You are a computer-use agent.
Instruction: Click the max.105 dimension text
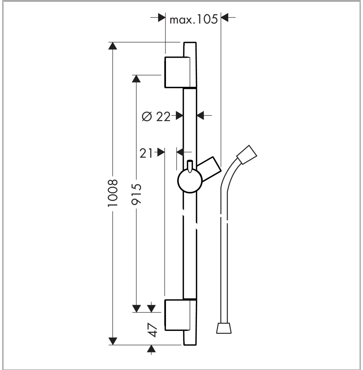(194, 19)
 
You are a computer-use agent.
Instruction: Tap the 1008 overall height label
(113, 193)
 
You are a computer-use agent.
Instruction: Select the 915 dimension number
(136, 194)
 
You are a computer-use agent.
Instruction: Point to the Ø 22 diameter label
(156, 116)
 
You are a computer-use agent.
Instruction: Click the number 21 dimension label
(146, 153)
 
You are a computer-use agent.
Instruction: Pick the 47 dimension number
(153, 330)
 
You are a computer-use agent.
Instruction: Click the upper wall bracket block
(177, 72)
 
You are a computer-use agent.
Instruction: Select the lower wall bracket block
(177, 315)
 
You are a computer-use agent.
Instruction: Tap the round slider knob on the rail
(190, 181)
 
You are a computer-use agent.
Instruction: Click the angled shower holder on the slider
(209, 169)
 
